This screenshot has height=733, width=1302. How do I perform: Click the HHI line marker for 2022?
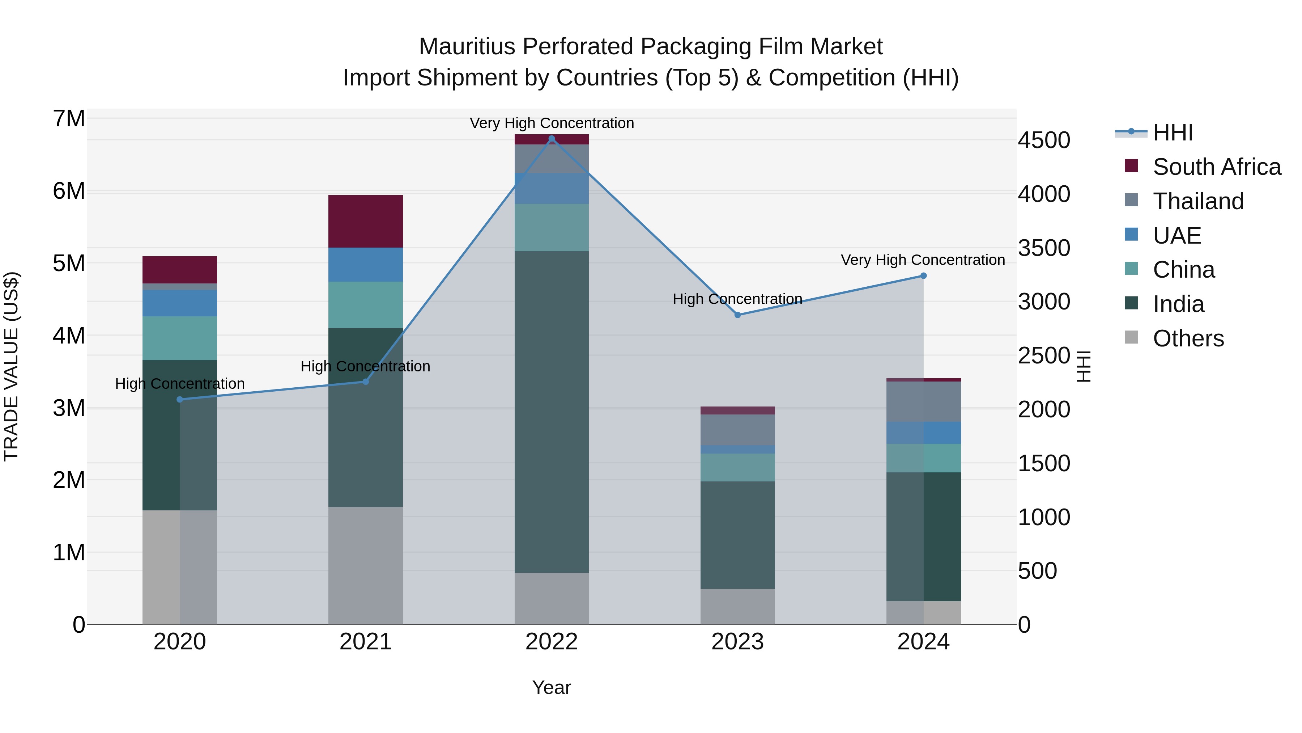[552, 139]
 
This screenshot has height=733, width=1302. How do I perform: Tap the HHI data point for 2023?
[737, 315]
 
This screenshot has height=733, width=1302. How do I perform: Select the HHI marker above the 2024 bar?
[923, 276]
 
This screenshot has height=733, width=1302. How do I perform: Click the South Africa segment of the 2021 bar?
[365, 221]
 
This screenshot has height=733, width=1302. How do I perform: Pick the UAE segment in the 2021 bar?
[365, 265]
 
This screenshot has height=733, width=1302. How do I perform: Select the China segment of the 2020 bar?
[179, 338]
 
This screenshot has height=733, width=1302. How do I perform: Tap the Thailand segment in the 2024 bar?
[923, 402]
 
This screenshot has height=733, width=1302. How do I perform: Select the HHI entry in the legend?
[1173, 132]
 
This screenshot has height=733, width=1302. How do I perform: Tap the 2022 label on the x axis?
[552, 641]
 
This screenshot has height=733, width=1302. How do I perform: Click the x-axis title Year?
[552, 687]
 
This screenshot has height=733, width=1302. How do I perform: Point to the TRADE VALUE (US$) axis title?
[11, 366]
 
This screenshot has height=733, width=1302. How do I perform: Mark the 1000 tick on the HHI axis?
[1044, 517]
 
